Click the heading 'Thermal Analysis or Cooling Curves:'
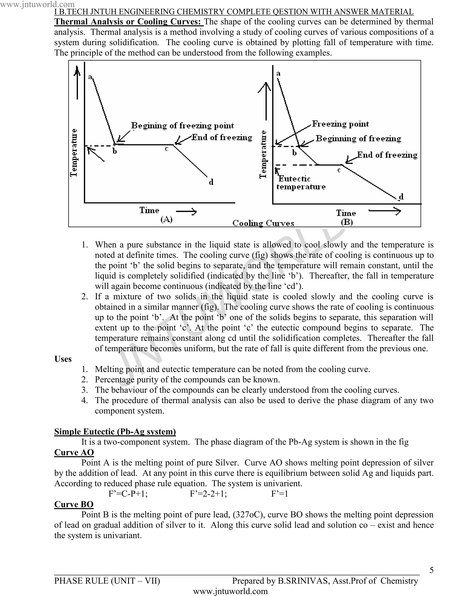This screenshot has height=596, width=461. point(129,22)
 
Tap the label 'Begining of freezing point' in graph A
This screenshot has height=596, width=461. point(182,126)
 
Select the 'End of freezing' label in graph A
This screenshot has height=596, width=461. point(222,137)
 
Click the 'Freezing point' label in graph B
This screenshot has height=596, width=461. point(340,124)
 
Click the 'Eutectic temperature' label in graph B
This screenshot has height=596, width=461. point(301,183)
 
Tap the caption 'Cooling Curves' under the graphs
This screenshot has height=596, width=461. point(263,223)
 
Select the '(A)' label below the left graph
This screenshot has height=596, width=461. point(166,219)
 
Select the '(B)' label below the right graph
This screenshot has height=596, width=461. point(347,222)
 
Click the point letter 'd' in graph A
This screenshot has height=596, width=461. point(211,182)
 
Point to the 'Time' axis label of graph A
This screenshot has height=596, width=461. point(149,210)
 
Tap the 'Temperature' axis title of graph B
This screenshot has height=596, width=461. point(263,154)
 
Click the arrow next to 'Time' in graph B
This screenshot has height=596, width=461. point(384,211)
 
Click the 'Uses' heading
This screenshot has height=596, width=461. point(63,359)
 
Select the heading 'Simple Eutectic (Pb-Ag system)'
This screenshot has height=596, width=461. point(115,432)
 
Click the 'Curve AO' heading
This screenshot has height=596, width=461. point(74,452)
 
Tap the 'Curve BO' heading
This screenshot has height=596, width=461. point(74,504)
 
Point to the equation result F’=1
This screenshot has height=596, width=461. point(279,494)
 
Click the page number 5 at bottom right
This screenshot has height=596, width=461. point(431,570)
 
